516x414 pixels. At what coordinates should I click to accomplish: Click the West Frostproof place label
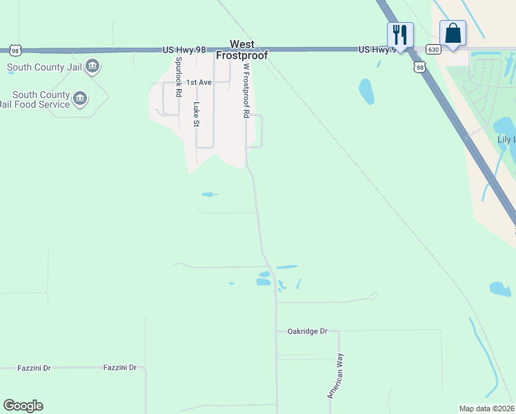click(242, 50)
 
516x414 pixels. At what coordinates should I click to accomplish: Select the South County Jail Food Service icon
click(81, 99)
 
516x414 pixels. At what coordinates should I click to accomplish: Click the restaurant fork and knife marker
click(400, 34)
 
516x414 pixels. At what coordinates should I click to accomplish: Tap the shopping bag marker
click(453, 33)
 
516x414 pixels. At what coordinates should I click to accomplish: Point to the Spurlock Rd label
click(179, 76)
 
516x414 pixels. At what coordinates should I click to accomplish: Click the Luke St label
click(196, 115)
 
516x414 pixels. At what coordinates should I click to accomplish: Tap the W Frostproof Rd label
click(245, 90)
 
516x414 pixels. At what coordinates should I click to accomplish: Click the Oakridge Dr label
click(307, 331)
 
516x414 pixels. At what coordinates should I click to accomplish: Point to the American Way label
click(335, 375)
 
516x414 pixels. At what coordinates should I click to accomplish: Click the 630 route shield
click(433, 50)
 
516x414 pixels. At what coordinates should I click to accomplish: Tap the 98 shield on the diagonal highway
click(419, 66)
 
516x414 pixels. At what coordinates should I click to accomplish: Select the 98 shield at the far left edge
click(15, 50)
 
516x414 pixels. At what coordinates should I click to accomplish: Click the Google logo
click(23, 406)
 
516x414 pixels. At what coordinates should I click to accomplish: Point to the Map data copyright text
click(486, 408)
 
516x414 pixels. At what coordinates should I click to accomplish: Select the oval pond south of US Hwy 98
click(366, 91)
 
